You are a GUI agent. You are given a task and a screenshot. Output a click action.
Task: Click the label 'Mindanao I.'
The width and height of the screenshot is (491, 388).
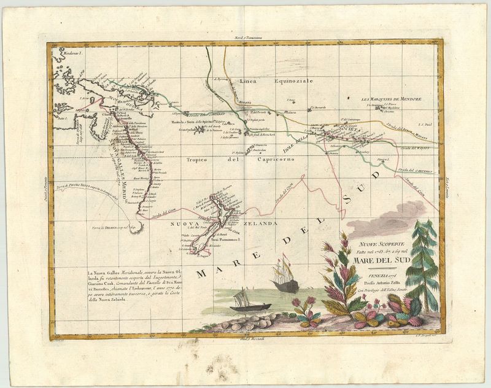[64, 54]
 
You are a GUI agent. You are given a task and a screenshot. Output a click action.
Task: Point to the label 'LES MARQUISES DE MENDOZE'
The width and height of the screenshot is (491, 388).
[394, 100]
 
